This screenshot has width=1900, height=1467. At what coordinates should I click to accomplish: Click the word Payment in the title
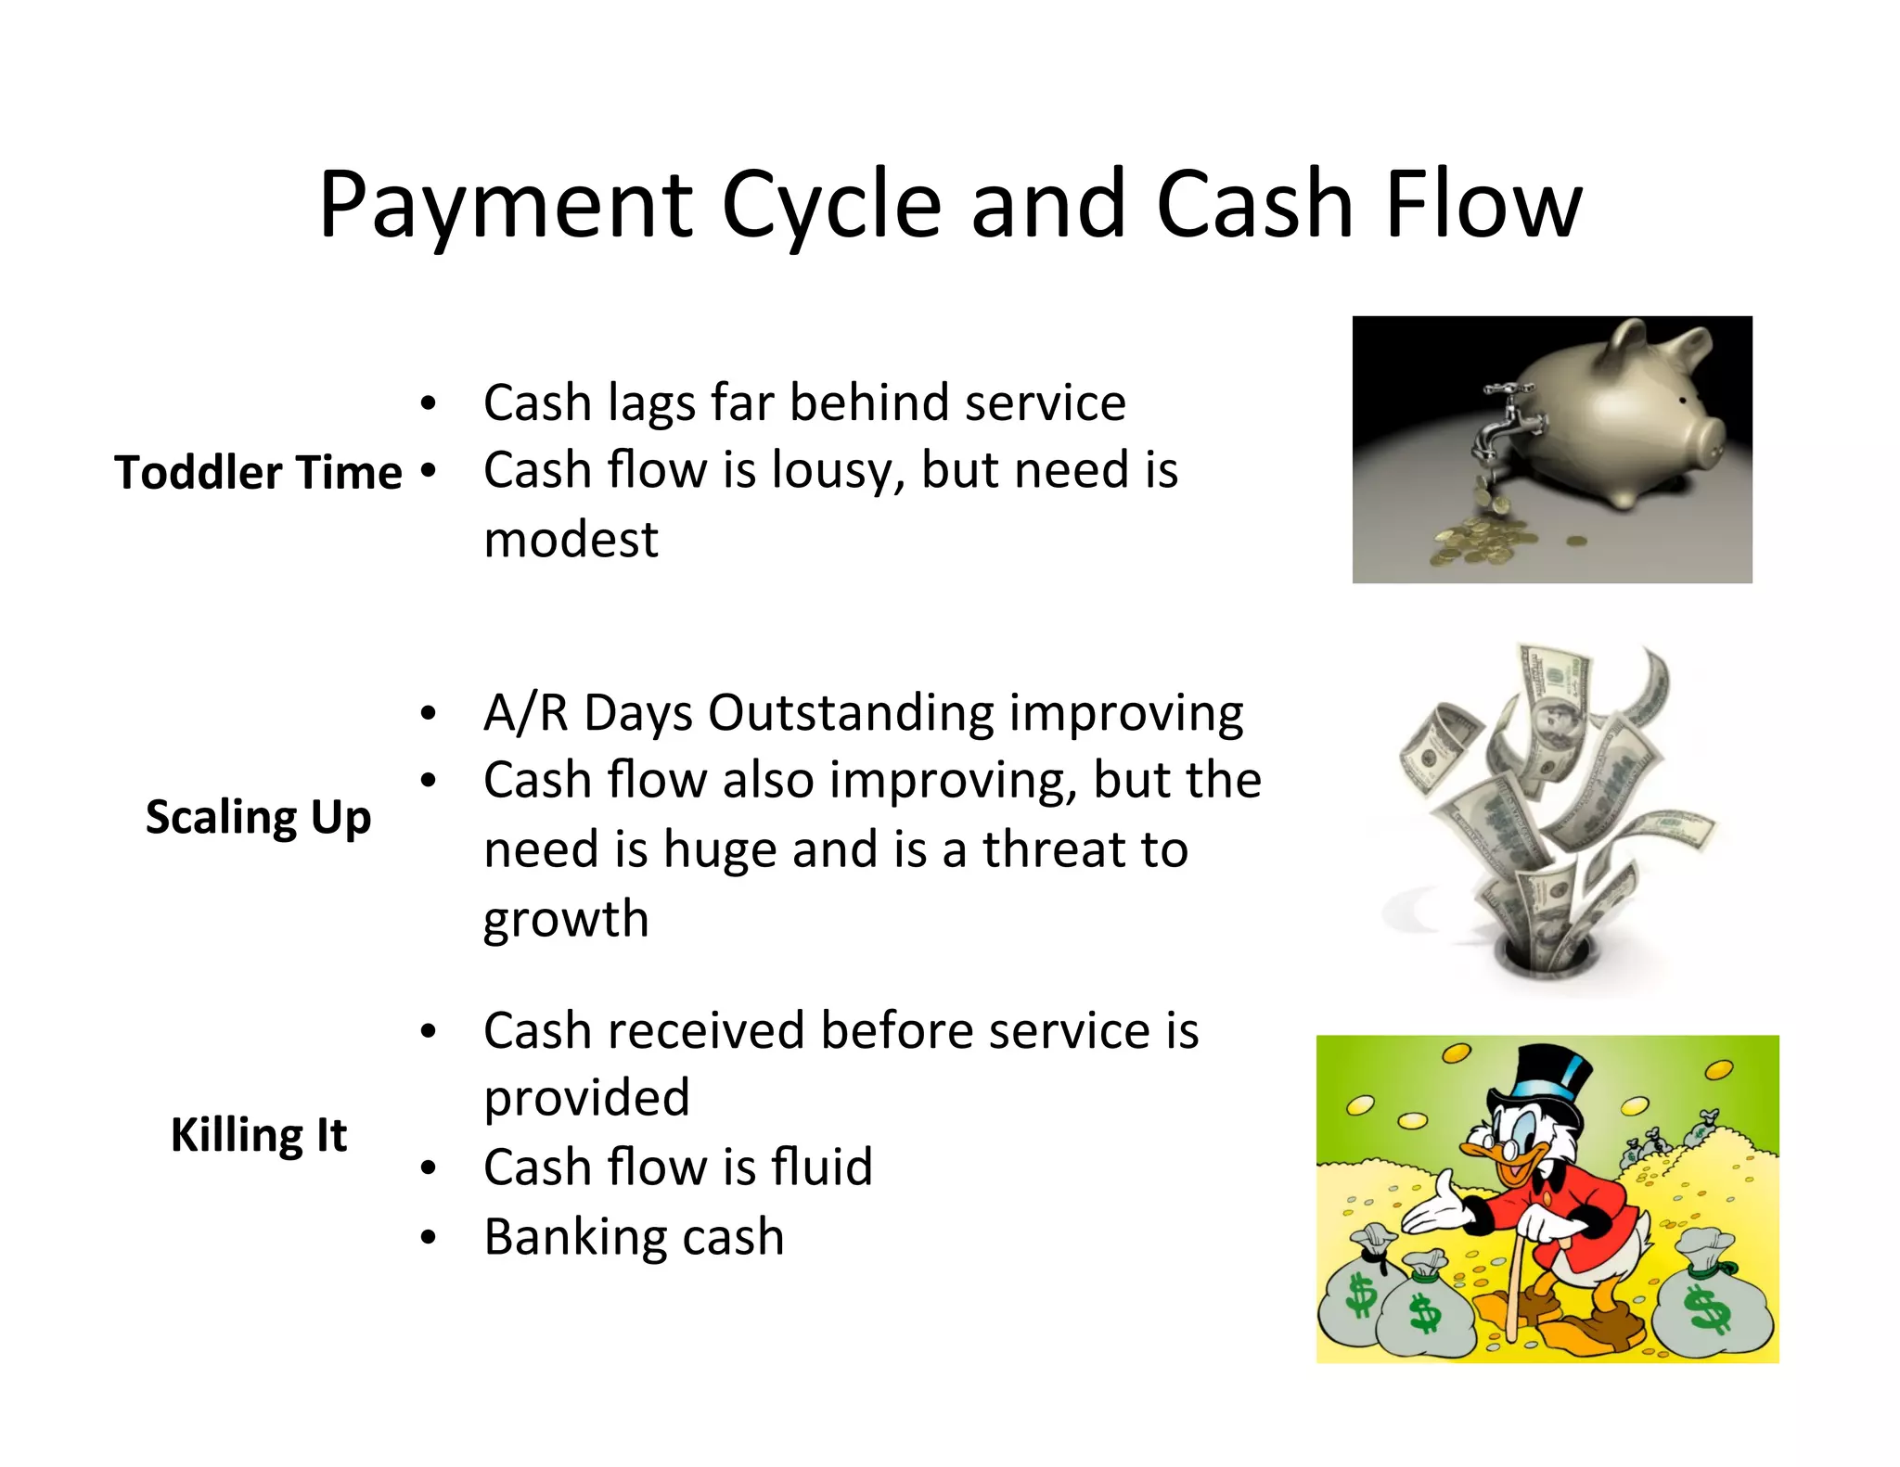(x=506, y=206)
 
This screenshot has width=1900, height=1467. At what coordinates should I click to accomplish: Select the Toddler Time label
(x=258, y=473)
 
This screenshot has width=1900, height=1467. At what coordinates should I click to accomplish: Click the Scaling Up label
(x=258, y=818)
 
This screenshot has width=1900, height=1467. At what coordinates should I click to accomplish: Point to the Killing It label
(x=258, y=1135)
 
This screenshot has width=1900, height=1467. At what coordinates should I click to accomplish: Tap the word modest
(x=571, y=540)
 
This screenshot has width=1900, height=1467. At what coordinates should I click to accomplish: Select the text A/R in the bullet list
(x=524, y=714)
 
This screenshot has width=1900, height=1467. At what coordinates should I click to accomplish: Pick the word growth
(x=566, y=920)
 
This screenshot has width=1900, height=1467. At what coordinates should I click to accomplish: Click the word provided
(x=586, y=1099)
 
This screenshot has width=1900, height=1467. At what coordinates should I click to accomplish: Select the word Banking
(x=568, y=1238)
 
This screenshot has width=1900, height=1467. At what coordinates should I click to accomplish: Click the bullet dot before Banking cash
(x=428, y=1238)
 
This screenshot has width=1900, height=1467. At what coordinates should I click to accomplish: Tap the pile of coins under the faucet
(x=1475, y=542)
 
